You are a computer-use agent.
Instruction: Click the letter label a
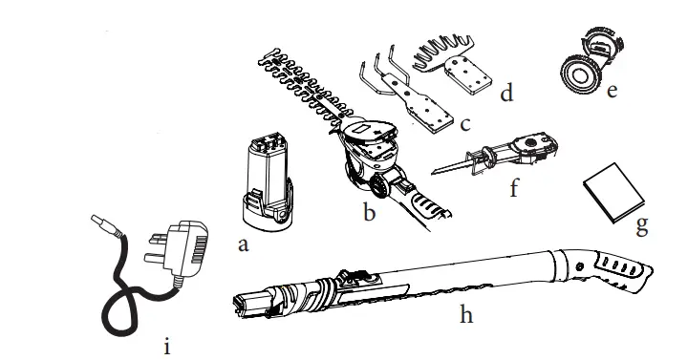click(243, 244)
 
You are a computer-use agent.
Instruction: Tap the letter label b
click(369, 212)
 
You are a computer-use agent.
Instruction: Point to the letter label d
click(507, 94)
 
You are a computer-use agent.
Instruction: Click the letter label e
click(612, 91)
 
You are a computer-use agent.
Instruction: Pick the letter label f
click(514, 186)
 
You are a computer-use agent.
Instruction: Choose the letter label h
click(466, 314)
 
